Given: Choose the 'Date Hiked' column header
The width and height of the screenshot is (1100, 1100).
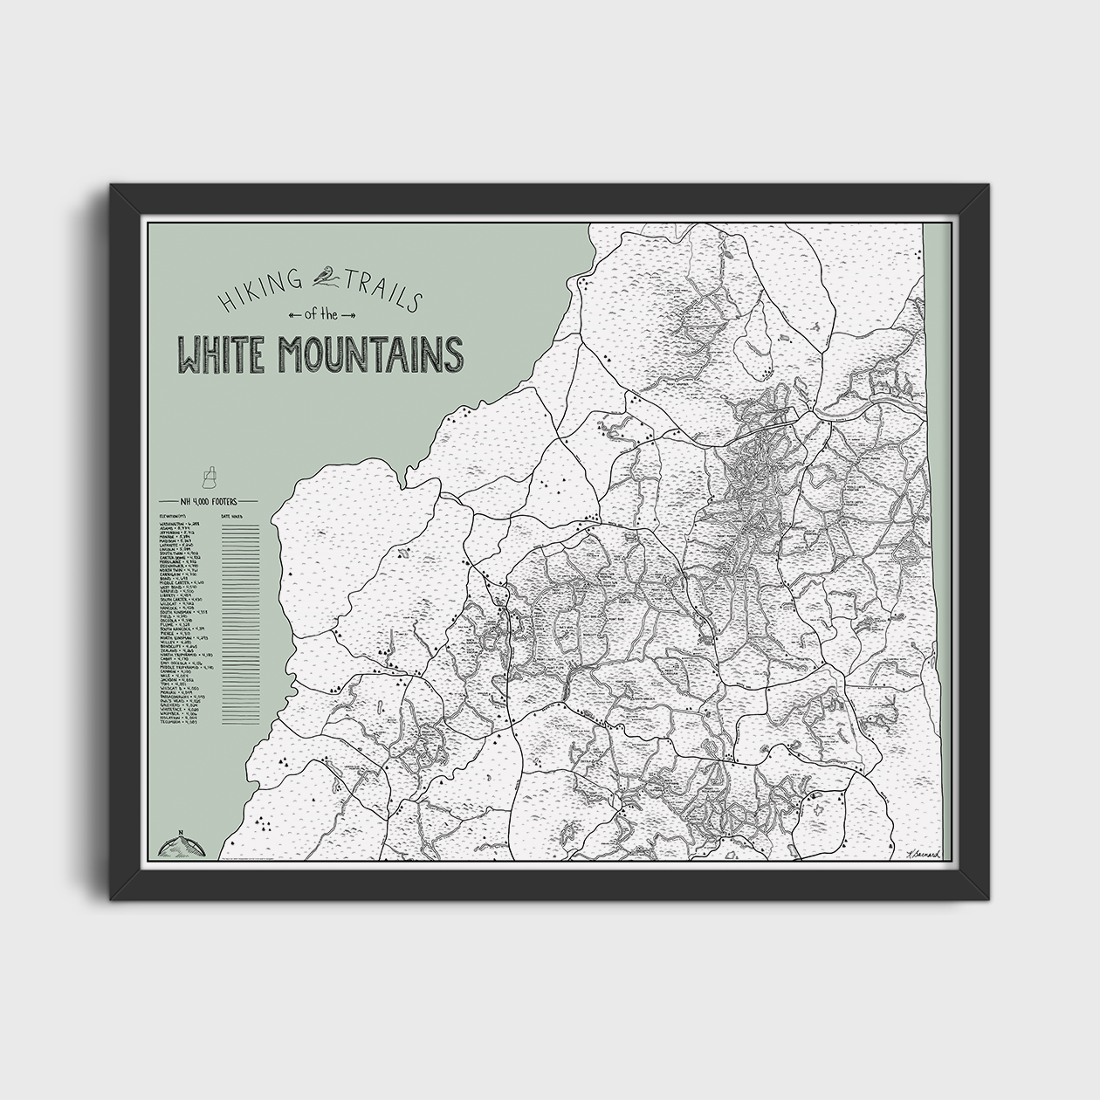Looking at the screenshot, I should coord(234,517).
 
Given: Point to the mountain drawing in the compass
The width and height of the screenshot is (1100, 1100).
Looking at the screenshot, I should coord(179,845).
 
